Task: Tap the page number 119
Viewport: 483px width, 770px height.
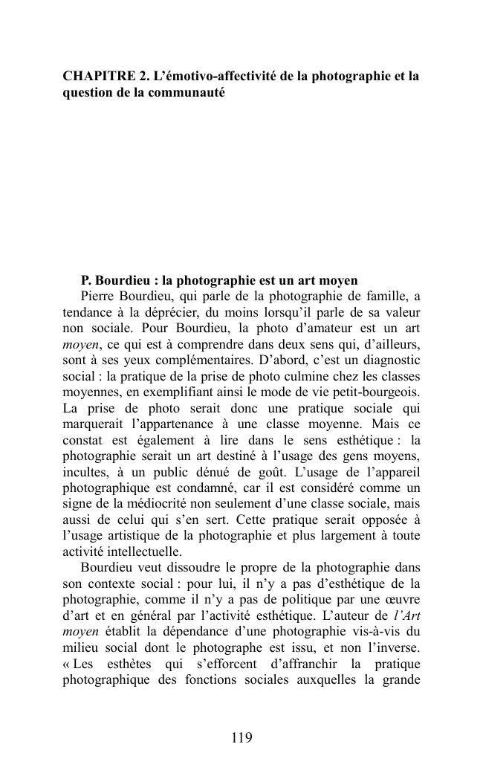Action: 241,738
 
